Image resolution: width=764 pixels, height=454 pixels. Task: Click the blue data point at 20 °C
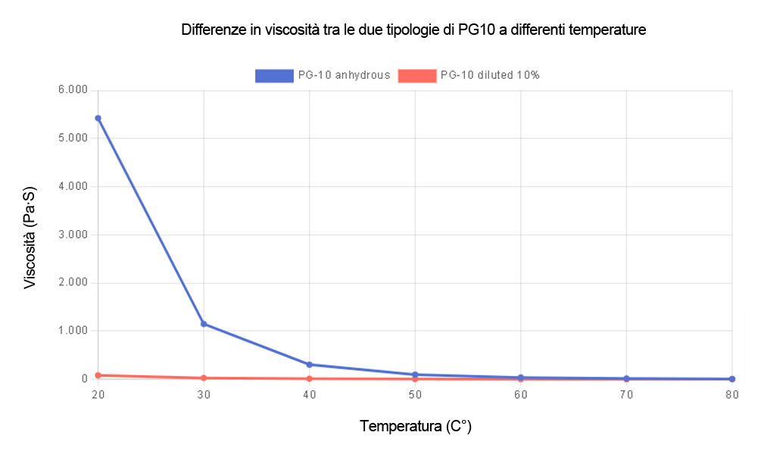98,118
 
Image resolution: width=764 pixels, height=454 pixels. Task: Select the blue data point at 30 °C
204,324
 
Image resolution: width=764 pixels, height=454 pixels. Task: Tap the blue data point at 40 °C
309,365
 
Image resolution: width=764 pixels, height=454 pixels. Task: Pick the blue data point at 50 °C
415,375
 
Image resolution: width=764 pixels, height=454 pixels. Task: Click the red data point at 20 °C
98,375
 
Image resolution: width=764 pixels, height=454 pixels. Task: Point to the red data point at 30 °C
204,378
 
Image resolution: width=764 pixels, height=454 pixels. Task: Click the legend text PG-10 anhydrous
344,75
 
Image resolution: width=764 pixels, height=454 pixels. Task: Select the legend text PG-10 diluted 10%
490,75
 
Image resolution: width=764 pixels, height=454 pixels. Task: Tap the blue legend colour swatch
274,75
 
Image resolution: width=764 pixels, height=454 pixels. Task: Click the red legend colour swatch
417,75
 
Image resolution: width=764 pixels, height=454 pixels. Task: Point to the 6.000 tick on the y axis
73,90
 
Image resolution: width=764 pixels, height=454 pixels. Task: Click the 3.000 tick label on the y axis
73,235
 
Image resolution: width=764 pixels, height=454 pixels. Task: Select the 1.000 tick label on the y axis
73,331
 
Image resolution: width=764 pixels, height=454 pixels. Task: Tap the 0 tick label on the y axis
85,378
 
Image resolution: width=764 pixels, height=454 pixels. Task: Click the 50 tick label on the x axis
415,395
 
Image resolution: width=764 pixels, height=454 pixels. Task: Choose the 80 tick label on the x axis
731,395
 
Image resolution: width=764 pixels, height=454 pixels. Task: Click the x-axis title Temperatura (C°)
416,426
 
